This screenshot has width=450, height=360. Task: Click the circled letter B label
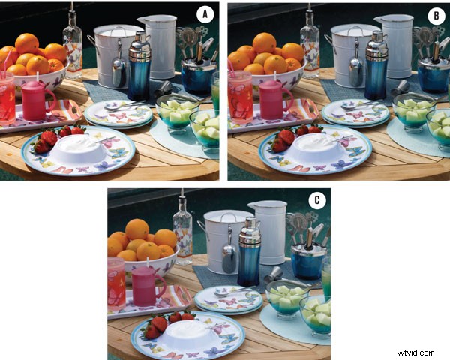(x=433, y=13)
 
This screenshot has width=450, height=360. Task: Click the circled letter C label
(x=317, y=201)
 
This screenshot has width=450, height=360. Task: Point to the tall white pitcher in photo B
(x=396, y=45)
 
